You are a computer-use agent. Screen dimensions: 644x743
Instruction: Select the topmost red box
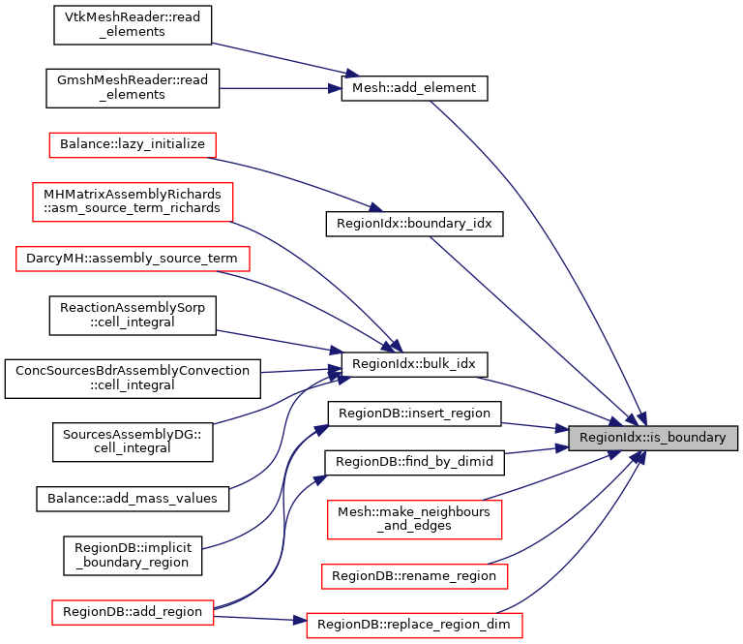pos(133,145)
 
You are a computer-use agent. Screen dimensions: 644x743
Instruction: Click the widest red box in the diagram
pos(133,259)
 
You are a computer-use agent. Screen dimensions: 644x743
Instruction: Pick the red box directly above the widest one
pos(133,201)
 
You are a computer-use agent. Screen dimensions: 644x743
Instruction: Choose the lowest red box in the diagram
pos(414,625)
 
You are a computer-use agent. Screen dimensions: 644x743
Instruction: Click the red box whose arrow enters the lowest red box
pos(133,612)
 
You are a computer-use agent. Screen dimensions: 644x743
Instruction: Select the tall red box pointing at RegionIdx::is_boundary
pos(414,519)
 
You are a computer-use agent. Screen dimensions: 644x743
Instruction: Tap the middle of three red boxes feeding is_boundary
pos(414,576)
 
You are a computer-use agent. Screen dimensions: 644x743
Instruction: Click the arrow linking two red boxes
pos(256,617)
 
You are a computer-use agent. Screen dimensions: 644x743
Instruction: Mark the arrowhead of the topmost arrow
pos(353,74)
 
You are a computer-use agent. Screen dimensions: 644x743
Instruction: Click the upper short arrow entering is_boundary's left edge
pos(532,425)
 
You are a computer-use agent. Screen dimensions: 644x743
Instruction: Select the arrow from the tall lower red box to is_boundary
pos(551,476)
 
